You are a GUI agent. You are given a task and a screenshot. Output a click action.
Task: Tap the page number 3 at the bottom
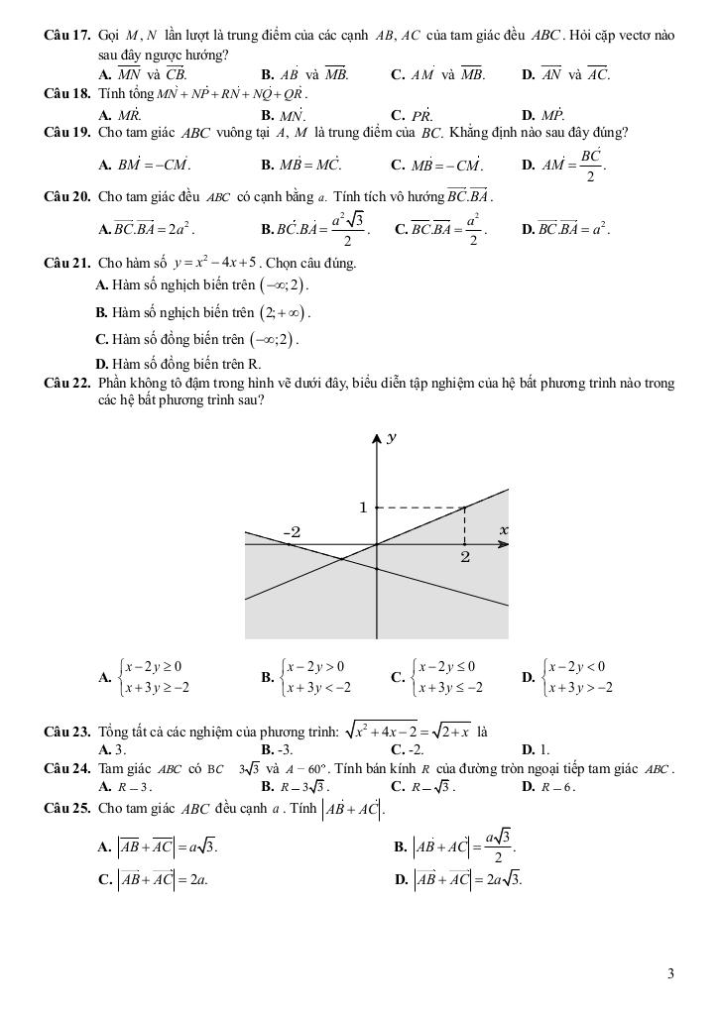tap(671, 973)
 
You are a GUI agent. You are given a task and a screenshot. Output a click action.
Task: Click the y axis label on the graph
tap(393, 437)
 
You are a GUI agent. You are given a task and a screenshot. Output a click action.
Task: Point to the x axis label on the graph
tap(504, 530)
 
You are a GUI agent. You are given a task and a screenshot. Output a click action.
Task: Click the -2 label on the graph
tap(292, 532)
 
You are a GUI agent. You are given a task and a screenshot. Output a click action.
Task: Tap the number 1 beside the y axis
tap(363, 507)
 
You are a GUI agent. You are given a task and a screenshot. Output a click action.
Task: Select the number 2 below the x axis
tap(464, 558)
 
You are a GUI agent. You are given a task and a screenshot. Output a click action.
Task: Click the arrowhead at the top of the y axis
tap(377, 438)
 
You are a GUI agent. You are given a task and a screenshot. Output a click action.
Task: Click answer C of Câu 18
tap(412, 114)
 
